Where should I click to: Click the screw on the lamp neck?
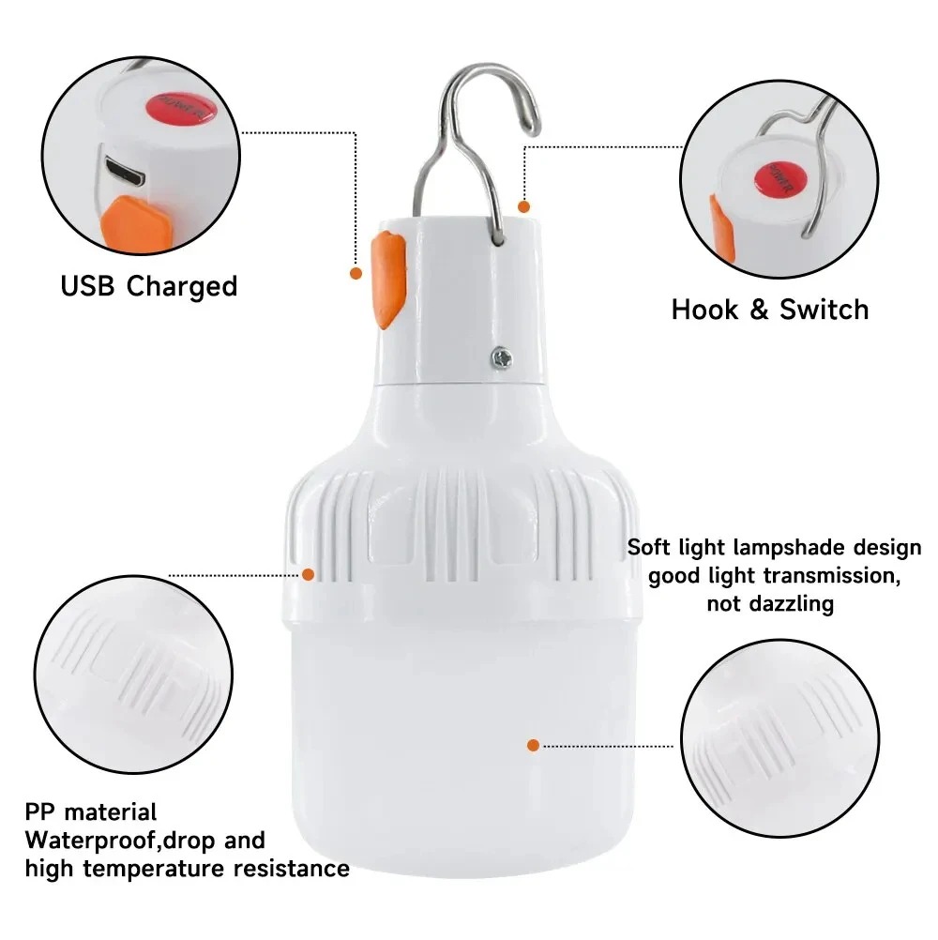pos(500,356)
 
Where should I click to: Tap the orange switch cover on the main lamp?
pos(387,279)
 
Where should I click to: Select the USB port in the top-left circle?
pos(126,171)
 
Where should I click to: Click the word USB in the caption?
pos(90,285)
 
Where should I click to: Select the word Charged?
pos(182,286)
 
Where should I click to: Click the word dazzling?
pos(794,603)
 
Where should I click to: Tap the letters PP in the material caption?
pos(40,811)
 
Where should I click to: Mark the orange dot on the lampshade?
pos(533,745)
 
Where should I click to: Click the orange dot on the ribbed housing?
pos(309,572)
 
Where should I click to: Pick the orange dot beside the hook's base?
pos(523,205)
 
